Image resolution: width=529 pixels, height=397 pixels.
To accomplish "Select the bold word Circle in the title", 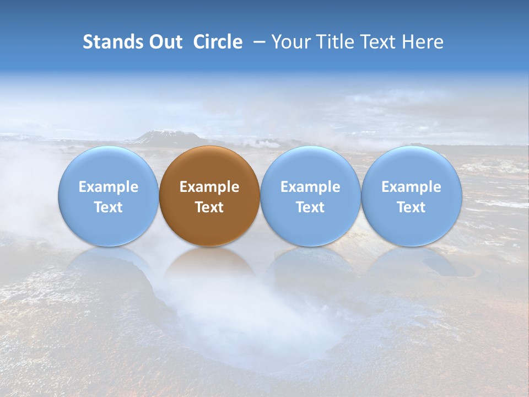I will click(218, 42).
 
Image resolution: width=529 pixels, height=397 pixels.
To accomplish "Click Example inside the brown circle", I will click(209, 187).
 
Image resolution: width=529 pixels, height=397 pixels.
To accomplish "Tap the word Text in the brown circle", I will click(209, 207).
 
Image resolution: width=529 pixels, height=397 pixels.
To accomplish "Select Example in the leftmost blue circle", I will click(109, 187).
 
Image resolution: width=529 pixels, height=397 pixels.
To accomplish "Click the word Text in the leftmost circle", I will click(109, 207).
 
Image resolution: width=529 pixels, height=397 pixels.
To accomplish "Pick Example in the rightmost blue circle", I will click(411, 187).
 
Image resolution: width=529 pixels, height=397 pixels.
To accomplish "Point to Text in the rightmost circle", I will click(411, 207).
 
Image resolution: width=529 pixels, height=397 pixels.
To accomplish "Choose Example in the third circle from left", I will click(310, 187).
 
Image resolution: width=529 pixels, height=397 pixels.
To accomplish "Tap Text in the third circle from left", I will click(310, 207).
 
